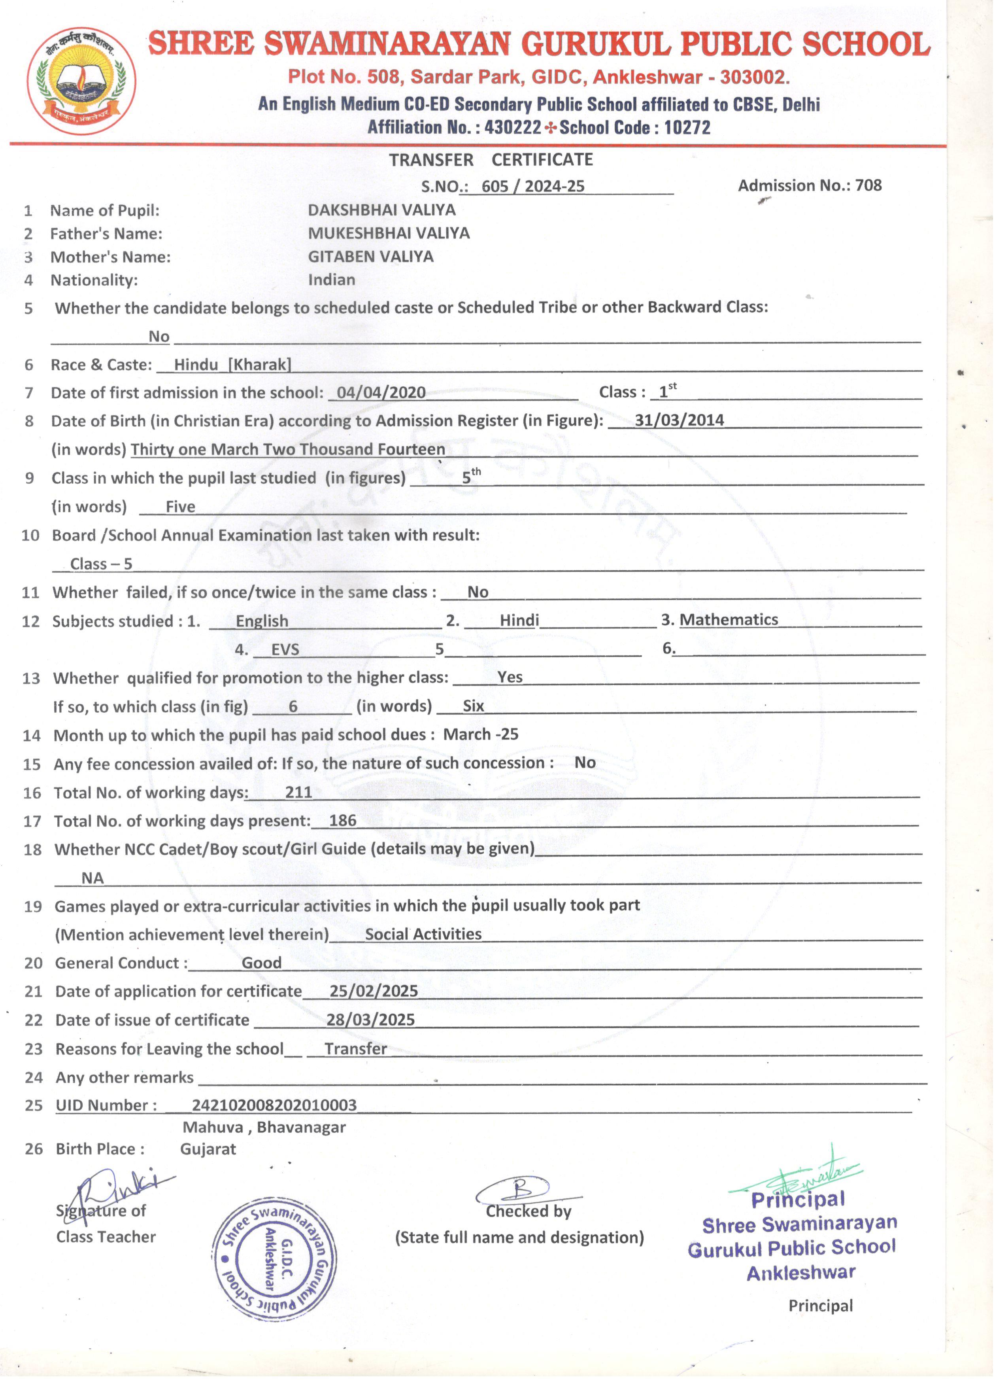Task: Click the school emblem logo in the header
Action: coord(81,81)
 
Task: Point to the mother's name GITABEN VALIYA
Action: coord(370,256)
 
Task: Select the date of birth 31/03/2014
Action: coord(679,420)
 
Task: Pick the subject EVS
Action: coord(285,649)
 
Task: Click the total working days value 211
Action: coord(298,792)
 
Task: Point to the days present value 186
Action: coord(342,821)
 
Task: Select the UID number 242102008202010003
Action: coord(274,1105)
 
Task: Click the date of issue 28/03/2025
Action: coord(370,1020)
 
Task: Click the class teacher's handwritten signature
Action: coord(116,1190)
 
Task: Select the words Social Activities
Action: coord(423,934)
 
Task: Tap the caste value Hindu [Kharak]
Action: coord(232,365)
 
